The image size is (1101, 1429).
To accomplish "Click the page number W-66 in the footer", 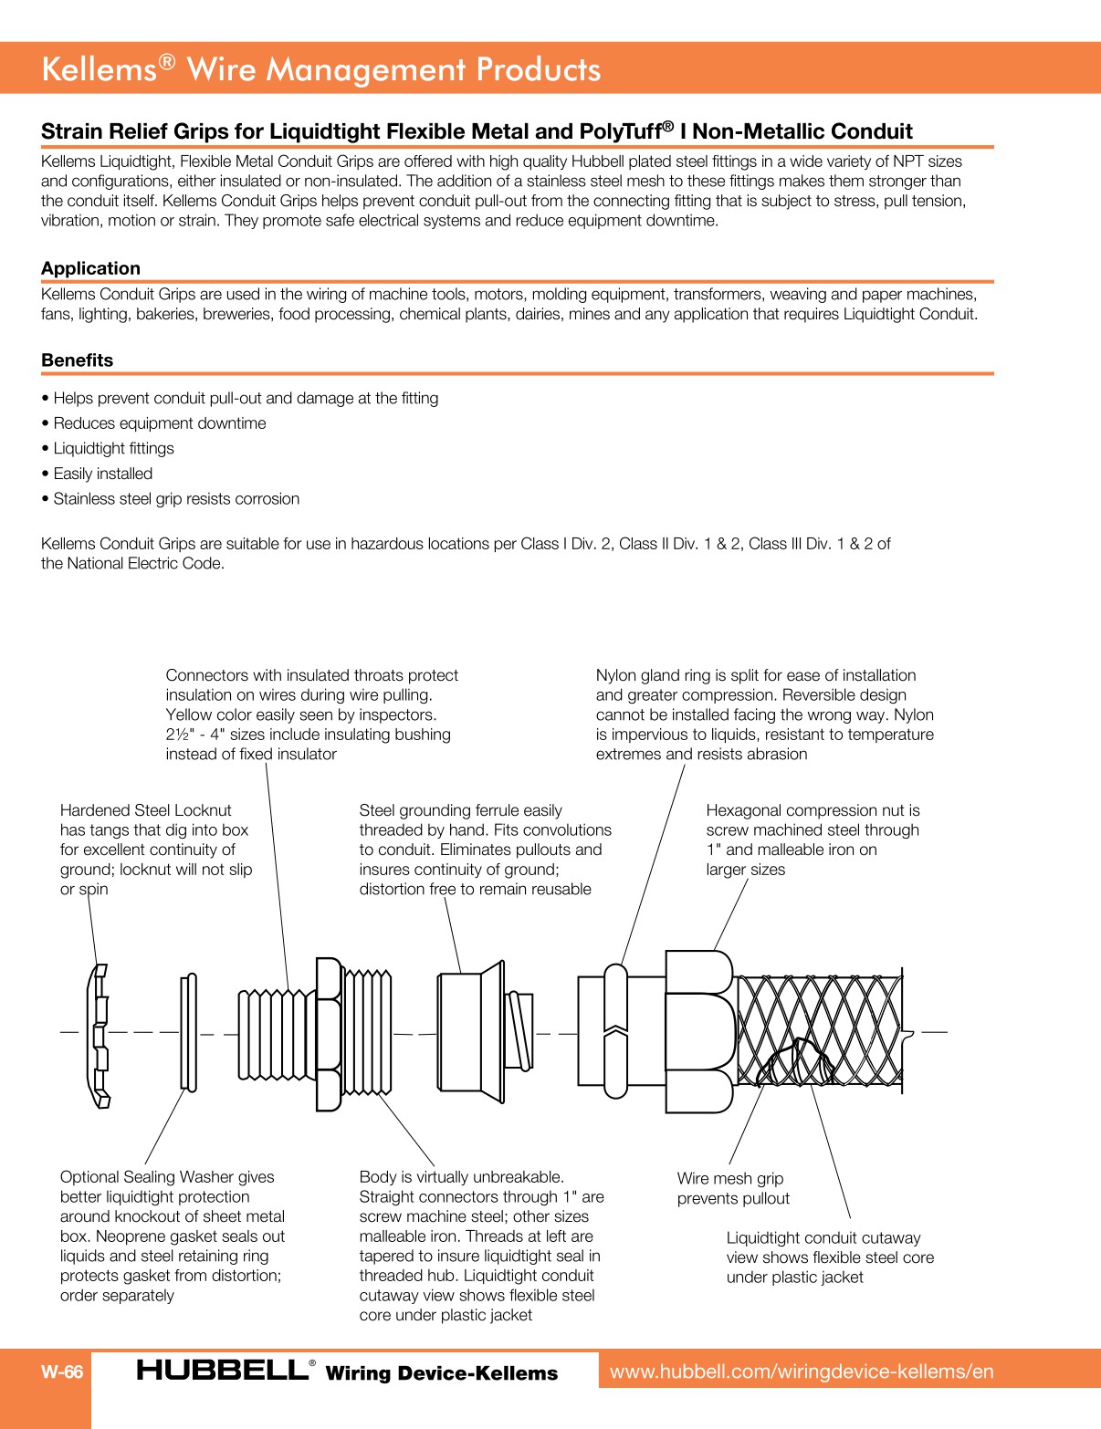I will coord(61,1372).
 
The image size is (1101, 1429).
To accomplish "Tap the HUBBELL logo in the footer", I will coord(223,1370).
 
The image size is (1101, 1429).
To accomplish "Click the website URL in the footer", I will coord(801,1371).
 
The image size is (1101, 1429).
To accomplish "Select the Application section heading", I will coord(90,268).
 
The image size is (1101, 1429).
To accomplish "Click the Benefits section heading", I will coord(77,360).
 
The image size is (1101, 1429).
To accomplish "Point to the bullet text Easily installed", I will coord(102,474).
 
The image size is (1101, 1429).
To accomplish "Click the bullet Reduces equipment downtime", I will coord(160,423).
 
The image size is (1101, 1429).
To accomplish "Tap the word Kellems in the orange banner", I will coord(100,69).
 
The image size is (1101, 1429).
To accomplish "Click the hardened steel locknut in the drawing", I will coord(99,1035).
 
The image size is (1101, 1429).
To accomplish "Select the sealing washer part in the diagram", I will coord(188,1032).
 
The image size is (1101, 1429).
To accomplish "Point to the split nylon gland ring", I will coord(615,1031).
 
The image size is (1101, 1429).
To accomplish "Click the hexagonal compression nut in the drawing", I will coord(699,1032).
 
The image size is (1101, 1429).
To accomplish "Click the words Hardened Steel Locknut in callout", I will coord(145,810).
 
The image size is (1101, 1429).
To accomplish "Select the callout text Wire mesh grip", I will coord(729,1179).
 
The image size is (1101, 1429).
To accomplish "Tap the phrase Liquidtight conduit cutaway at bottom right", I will coord(823,1238).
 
